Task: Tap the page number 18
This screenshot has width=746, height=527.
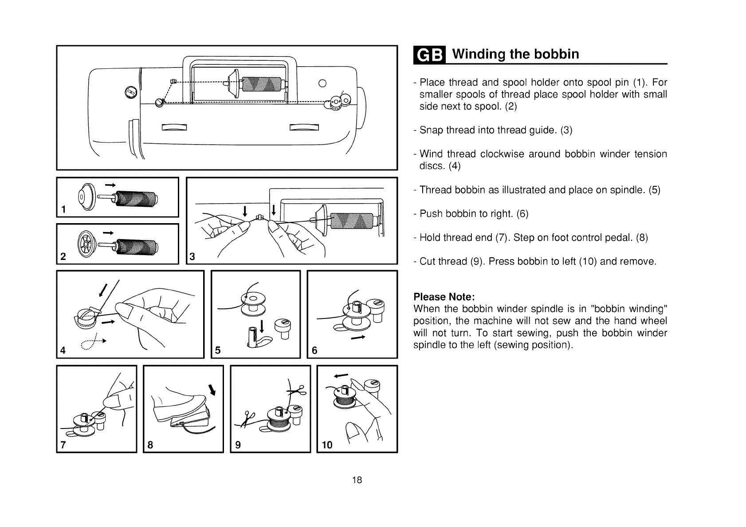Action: tap(357, 480)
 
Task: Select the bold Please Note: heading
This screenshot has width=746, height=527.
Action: tap(444, 296)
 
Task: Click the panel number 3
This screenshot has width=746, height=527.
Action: tap(192, 256)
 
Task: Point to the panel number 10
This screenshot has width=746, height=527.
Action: tap(327, 444)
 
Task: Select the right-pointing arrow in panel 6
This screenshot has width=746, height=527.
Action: tap(358, 338)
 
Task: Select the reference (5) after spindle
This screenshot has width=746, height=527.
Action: tap(654, 190)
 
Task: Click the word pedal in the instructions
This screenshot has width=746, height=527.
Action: tap(623, 237)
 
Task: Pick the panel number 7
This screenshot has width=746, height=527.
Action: tap(63, 444)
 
